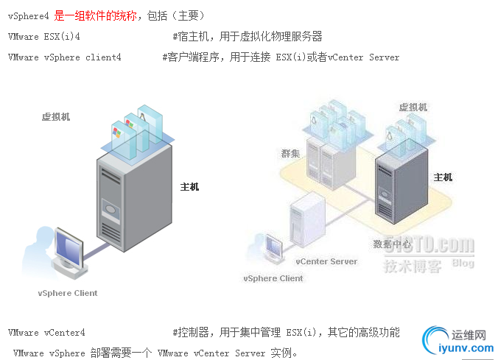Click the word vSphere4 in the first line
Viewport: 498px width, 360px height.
tap(29, 15)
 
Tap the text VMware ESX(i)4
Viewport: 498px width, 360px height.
tap(44, 36)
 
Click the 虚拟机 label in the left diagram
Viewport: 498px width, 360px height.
tap(56, 116)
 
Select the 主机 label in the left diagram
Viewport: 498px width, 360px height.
tap(189, 186)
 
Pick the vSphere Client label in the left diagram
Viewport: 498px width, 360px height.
tap(68, 293)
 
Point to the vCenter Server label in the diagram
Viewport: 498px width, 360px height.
tap(326, 261)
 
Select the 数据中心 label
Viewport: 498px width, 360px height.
tap(392, 244)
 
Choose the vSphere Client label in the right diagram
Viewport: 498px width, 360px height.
tap(273, 278)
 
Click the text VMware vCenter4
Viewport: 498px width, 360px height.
tap(46, 333)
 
